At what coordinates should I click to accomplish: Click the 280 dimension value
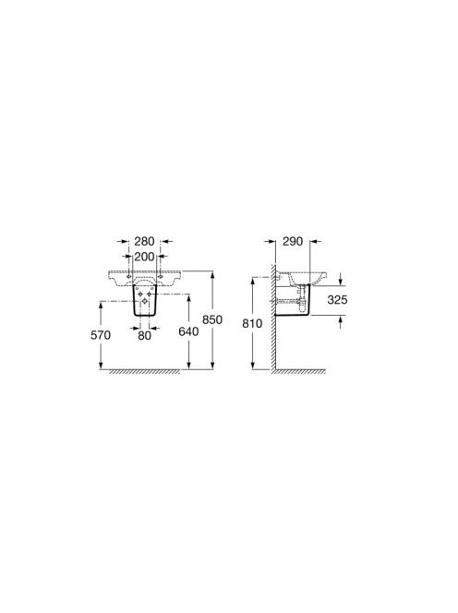click(144, 241)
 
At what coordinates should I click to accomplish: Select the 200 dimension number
click(144, 257)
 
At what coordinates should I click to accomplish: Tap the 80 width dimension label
click(144, 335)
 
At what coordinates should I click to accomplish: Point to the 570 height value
click(101, 335)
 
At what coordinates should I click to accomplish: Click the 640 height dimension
click(188, 331)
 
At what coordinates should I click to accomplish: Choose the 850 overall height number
click(212, 319)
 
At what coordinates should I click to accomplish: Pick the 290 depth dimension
click(293, 241)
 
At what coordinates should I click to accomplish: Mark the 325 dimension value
click(338, 299)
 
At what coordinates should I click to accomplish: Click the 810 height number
click(253, 323)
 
